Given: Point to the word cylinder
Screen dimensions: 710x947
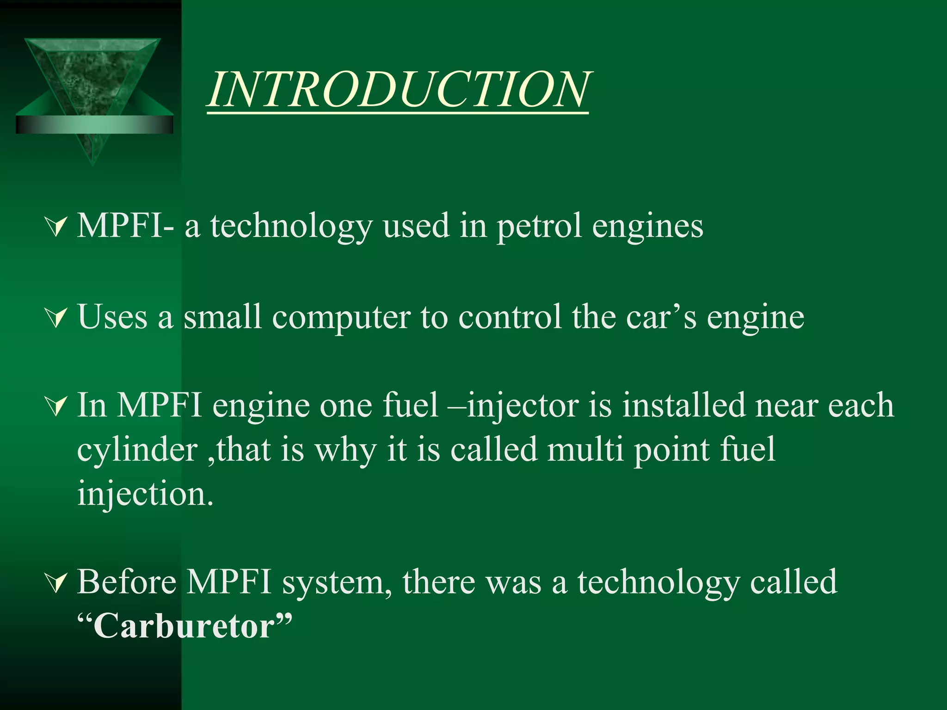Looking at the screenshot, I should (137, 450).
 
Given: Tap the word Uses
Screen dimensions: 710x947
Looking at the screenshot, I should (112, 318).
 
